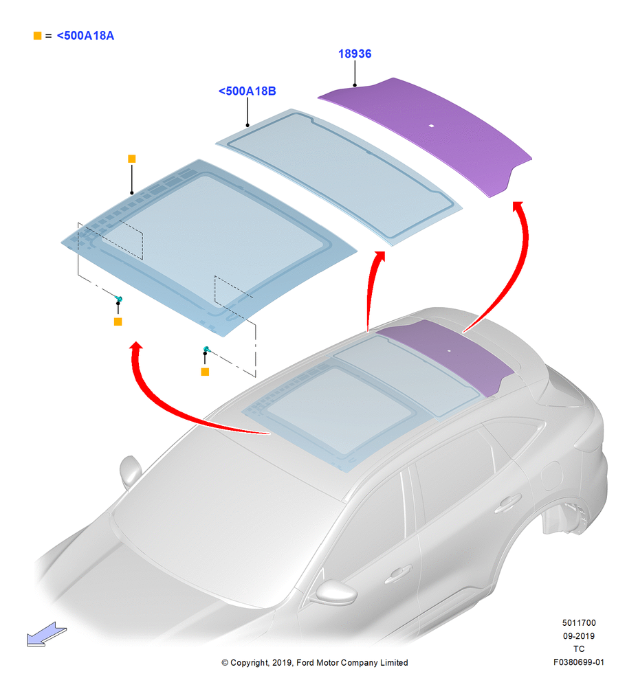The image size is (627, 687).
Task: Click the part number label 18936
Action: coord(355,54)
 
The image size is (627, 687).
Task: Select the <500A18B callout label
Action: coord(247,91)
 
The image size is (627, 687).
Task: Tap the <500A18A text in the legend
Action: coord(85,36)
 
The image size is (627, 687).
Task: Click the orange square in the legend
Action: coord(38,36)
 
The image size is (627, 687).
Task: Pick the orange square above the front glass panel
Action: coord(131,159)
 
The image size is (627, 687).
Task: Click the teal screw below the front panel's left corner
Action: coord(118,300)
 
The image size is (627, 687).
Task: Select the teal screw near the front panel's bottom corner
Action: coord(206,349)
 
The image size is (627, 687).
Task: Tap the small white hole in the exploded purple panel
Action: coord(432,126)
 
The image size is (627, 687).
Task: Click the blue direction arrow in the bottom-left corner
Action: coord(47,634)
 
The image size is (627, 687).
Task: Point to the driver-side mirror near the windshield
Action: coord(130,471)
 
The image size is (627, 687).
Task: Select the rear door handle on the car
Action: coord(508,503)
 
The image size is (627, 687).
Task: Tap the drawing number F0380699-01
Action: coord(578,662)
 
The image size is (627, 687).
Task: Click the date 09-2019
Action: coord(579,635)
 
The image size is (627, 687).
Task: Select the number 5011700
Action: coord(579,622)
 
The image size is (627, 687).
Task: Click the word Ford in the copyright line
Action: coord(306,662)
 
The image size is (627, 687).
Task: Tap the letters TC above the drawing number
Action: coord(579,649)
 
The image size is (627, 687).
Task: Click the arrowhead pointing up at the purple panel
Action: coord(518,206)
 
